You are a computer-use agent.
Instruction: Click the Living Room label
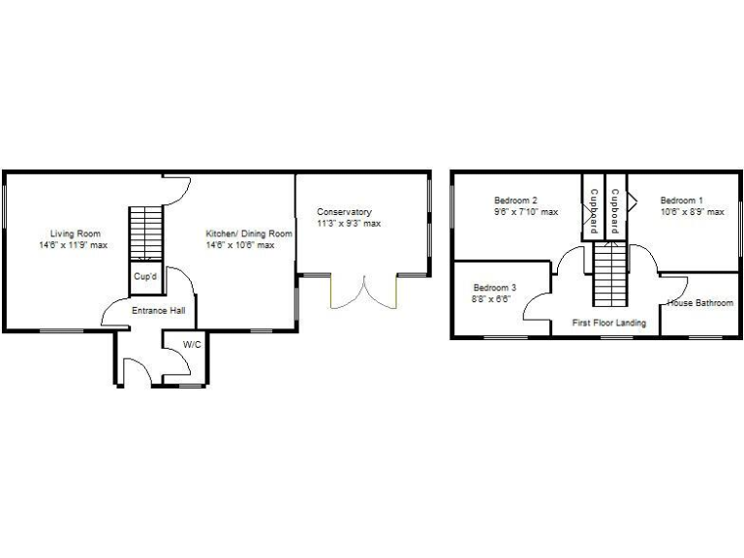point(77,232)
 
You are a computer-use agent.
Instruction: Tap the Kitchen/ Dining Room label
point(248,232)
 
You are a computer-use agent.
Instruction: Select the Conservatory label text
point(344,211)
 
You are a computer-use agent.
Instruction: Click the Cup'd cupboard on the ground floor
point(144,278)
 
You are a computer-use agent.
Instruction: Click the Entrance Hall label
point(158,311)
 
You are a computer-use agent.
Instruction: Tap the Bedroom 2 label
point(515,200)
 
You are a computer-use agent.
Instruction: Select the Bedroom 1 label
point(682,200)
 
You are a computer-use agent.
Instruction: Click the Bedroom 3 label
point(494,288)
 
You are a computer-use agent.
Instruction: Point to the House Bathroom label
point(699,303)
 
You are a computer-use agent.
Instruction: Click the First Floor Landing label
point(608,323)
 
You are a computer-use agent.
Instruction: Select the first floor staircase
point(607,274)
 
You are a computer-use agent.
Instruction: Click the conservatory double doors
point(364,293)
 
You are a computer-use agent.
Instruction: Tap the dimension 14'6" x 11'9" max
point(73,245)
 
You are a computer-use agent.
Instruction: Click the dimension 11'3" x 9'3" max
point(349,224)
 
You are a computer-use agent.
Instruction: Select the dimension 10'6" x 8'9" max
point(692,212)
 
